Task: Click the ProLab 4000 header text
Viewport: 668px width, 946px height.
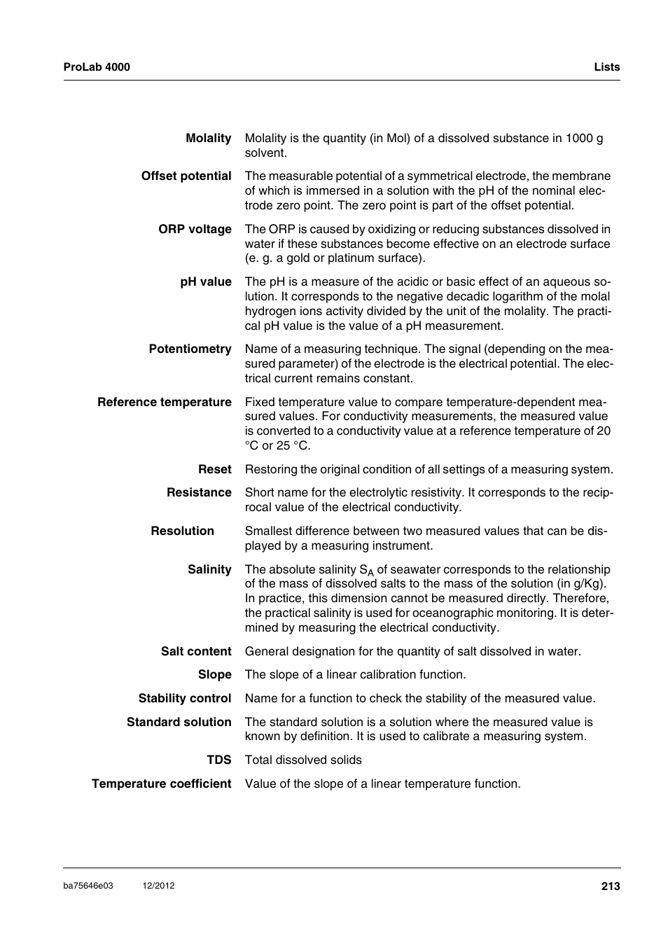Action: click(97, 67)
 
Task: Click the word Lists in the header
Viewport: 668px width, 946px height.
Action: click(606, 67)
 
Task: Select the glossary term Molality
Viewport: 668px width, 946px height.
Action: click(208, 139)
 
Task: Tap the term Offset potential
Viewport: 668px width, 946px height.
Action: click(186, 176)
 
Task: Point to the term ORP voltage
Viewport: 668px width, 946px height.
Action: click(195, 229)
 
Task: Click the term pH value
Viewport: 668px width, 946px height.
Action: click(206, 281)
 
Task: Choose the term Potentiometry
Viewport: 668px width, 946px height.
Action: click(190, 349)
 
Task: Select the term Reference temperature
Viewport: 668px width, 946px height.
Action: click(165, 402)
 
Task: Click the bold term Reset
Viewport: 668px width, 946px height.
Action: click(214, 469)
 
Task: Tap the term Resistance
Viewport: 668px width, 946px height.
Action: click(199, 492)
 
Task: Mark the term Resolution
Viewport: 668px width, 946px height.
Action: click(182, 531)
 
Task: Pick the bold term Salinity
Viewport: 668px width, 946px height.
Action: click(209, 569)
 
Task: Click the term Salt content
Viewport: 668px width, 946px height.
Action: click(196, 651)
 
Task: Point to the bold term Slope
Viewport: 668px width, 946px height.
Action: click(214, 674)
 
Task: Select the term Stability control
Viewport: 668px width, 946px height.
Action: click(185, 698)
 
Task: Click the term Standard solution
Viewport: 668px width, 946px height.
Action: click(179, 722)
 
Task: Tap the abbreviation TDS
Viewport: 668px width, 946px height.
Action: click(218, 760)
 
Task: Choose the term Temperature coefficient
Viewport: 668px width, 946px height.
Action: click(161, 784)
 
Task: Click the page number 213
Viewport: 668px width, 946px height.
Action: click(610, 886)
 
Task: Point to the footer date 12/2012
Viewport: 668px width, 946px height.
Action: click(158, 886)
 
